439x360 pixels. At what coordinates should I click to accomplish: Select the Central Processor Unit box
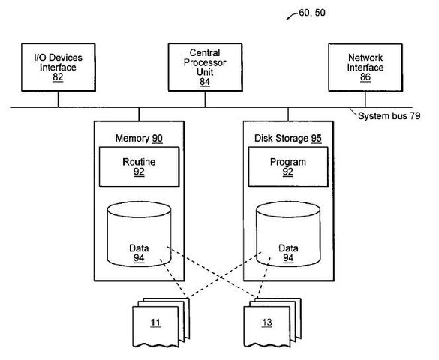tap(204, 67)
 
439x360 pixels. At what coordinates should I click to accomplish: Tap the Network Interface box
tap(365, 67)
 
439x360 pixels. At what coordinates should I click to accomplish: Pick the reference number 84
tap(204, 82)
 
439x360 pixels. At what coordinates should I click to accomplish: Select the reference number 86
tap(365, 77)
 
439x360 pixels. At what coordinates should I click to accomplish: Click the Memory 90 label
tap(138, 139)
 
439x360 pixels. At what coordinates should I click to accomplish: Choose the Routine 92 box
tap(140, 166)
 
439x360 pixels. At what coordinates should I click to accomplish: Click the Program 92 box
tap(288, 166)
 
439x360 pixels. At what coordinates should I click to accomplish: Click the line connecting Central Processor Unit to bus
tap(204, 99)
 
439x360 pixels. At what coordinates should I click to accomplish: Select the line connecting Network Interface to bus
tap(365, 99)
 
